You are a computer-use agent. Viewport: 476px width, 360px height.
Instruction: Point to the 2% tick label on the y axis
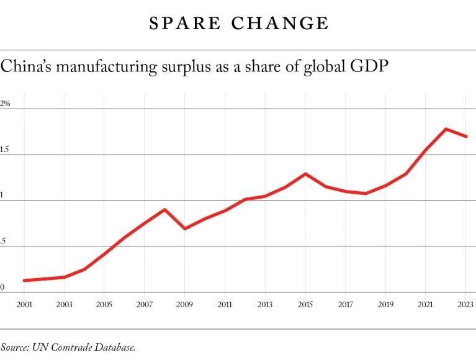5,104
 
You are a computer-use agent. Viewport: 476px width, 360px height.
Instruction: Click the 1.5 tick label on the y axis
5,150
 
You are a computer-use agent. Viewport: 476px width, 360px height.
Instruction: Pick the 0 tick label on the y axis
2,287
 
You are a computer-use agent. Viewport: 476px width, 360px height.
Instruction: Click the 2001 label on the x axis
24,305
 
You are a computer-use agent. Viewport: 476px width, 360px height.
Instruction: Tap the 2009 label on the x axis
184,305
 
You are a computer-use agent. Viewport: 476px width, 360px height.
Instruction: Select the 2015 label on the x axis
305,305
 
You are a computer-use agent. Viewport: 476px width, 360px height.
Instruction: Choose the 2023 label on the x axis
465,305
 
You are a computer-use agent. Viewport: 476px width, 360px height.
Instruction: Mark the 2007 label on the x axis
144,305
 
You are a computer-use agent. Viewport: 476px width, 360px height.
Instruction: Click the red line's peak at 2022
446,129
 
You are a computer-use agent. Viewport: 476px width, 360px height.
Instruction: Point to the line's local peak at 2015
305,174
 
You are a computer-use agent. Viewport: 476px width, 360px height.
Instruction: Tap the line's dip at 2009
184,228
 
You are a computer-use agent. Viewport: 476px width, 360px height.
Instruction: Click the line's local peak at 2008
164,209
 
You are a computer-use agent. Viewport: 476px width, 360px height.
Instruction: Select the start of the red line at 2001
24,281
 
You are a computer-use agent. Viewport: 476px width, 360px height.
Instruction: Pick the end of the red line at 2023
466,137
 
